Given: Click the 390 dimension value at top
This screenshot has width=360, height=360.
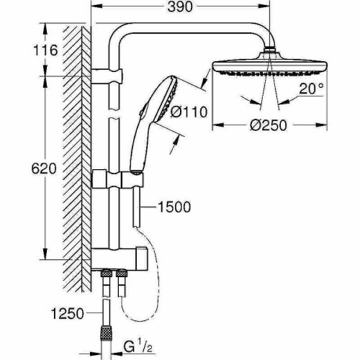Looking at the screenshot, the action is click(x=180, y=7).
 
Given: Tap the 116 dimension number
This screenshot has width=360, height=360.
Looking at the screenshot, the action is click(x=45, y=50).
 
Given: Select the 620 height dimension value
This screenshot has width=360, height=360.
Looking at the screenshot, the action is click(x=44, y=168).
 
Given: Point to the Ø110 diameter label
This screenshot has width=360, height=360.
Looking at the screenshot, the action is click(x=189, y=112).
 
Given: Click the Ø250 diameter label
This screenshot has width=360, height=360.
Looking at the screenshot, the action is click(x=269, y=125).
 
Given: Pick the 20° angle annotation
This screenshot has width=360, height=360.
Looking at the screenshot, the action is click(x=311, y=89).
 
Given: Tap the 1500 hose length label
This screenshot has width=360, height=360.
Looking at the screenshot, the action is click(x=174, y=207).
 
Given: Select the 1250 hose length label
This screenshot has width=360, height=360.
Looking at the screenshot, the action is click(x=68, y=313).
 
